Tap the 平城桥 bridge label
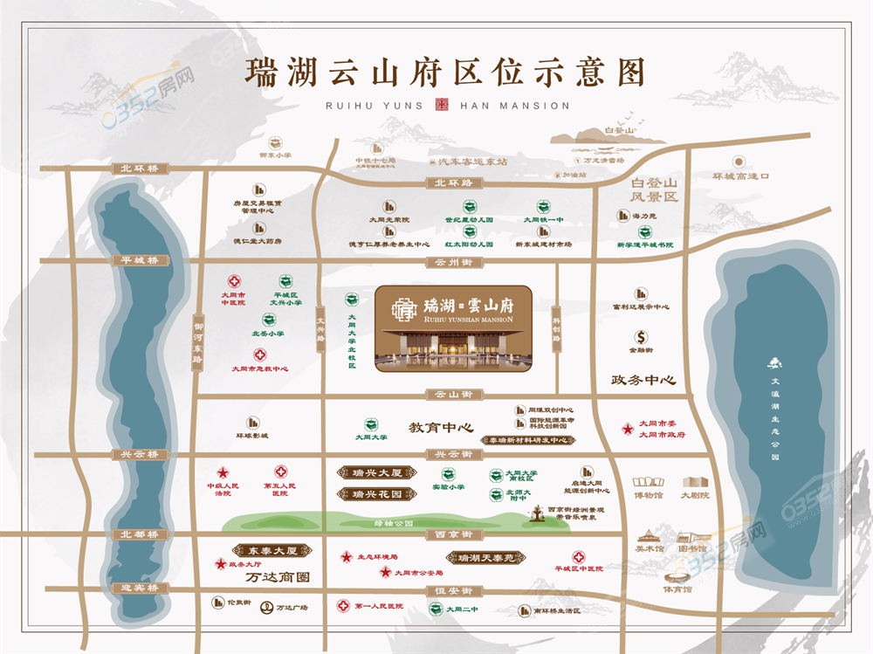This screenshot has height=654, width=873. coord(140,260)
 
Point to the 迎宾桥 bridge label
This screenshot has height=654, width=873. coord(140,588)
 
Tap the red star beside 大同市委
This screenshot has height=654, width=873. coord(626,429)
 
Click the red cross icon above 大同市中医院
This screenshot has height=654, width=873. coord(233,282)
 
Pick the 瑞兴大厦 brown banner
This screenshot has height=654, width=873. coord(370,473)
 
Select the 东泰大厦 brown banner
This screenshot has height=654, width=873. coord(268,551)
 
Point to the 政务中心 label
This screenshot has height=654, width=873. coord(644,381)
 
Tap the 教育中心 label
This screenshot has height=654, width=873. coord(440,428)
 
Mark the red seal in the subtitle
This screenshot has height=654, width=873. coord(441,106)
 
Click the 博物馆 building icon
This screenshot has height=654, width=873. coord(649,482)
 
